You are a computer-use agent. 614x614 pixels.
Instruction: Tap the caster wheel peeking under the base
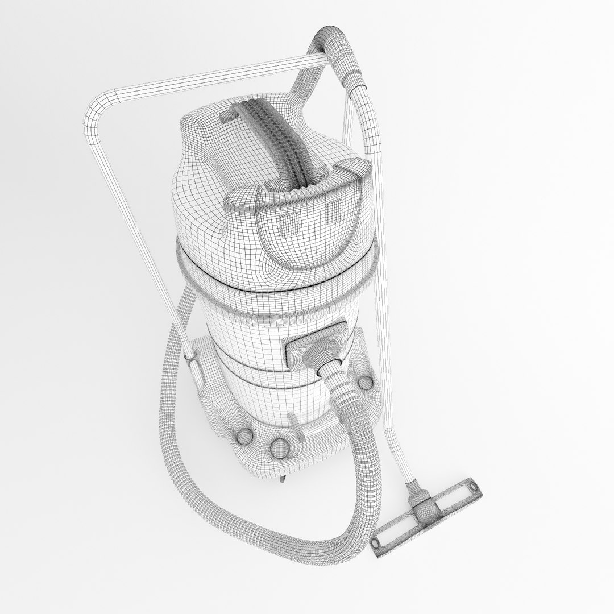pyautogui.click(x=283, y=482)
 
